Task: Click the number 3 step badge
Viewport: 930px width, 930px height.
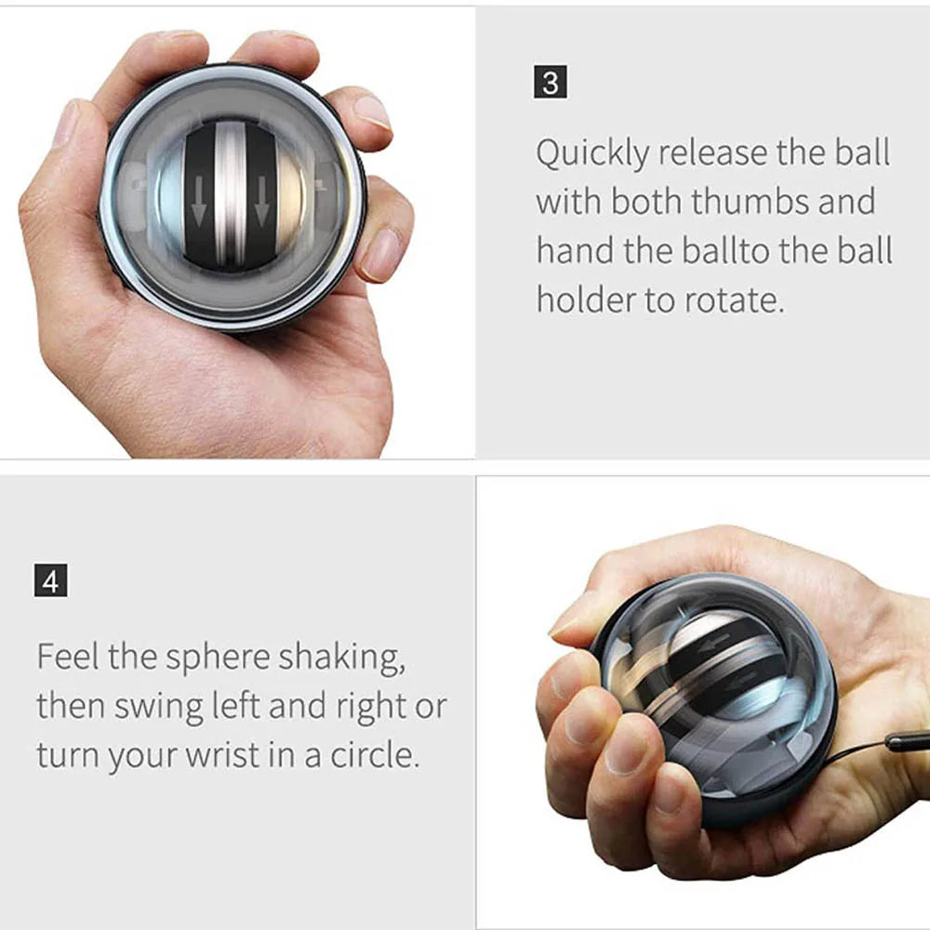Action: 551,83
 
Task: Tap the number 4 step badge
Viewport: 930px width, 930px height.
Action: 51,582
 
